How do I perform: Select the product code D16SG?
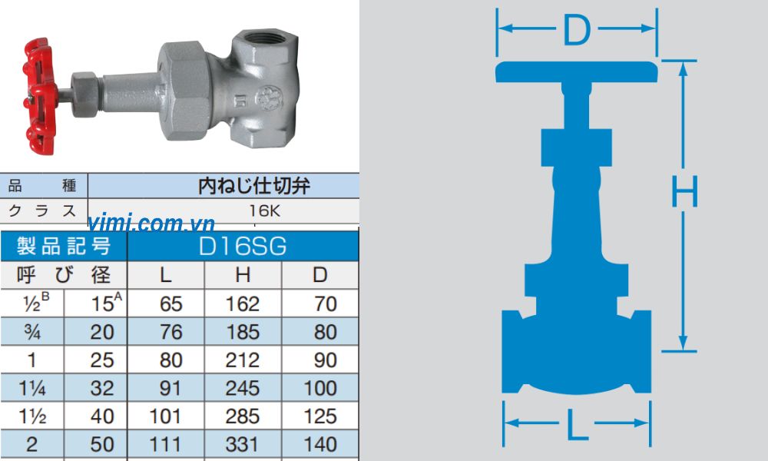[x=242, y=246]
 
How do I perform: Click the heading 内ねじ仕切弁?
[x=243, y=185]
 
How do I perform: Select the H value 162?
[x=243, y=303]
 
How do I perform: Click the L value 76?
[x=170, y=332]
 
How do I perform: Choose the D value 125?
[x=319, y=416]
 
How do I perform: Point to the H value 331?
[x=243, y=444]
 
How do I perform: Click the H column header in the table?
[x=243, y=275]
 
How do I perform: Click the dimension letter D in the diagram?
[x=576, y=30]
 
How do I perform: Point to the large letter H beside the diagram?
[x=684, y=192]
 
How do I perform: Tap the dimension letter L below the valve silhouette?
[x=577, y=422]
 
